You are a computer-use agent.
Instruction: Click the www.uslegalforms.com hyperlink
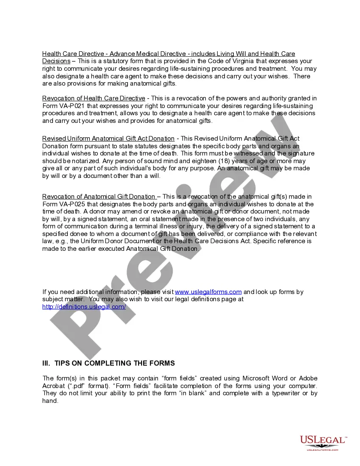(208, 292)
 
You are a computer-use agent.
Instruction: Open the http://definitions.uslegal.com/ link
(84, 307)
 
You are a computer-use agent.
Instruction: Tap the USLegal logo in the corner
(323, 442)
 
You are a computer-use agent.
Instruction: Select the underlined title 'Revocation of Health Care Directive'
(94, 98)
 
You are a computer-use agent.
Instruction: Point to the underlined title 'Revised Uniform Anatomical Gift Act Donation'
(108, 139)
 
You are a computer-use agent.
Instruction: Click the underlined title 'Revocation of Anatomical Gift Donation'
(99, 197)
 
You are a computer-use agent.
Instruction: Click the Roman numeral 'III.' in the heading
(46, 363)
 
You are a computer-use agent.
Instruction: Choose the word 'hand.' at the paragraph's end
(50, 401)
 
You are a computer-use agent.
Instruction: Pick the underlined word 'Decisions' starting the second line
(56, 61)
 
